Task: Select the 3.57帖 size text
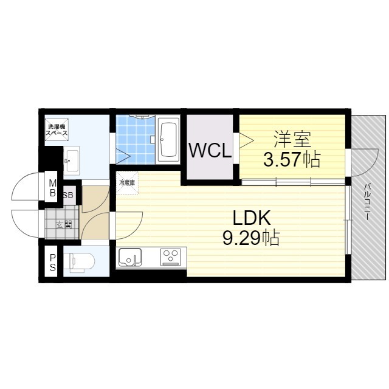pyautogui.click(x=292, y=159)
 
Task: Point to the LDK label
pyautogui.click(x=251, y=218)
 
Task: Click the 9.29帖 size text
pyautogui.click(x=251, y=238)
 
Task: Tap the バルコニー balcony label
pyautogui.click(x=367, y=201)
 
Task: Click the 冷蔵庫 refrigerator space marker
pyautogui.click(x=127, y=183)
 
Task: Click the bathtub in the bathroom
pyautogui.click(x=169, y=139)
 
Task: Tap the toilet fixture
pyautogui.click(x=81, y=261)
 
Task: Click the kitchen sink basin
pyautogui.click(x=130, y=257)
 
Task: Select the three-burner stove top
pyautogui.click(x=170, y=257)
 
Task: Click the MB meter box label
pyautogui.click(x=53, y=188)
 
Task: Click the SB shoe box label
pyautogui.click(x=68, y=195)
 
